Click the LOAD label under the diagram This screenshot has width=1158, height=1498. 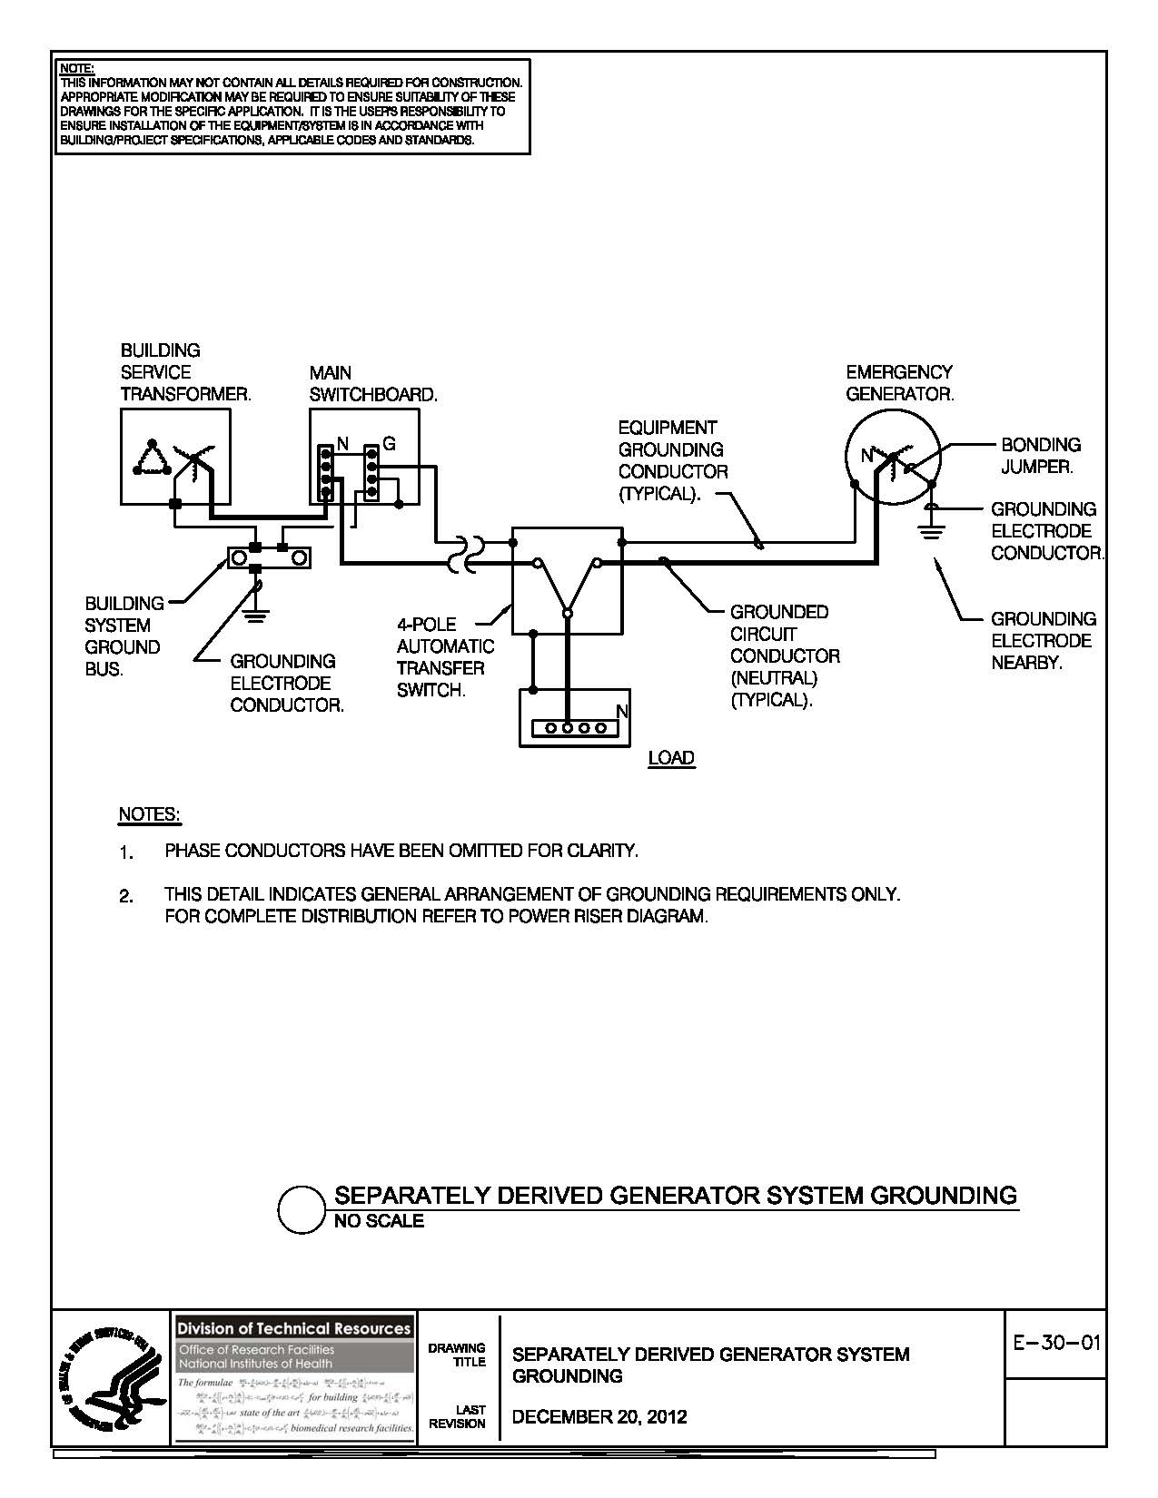point(671,758)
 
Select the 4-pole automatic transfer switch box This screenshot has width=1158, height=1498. point(567,580)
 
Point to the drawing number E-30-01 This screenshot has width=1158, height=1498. point(1055,1342)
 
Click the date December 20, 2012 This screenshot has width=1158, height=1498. point(599,1416)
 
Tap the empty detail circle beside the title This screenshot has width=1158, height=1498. point(300,1209)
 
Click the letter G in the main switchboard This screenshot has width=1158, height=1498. point(389,445)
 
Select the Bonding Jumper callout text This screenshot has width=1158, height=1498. point(1041,456)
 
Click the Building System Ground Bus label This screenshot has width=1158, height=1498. point(123,636)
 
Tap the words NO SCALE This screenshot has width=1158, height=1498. point(379,1221)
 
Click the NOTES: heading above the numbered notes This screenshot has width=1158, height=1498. point(150,814)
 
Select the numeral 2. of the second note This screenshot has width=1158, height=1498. point(126,897)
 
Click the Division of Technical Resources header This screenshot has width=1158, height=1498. point(293,1327)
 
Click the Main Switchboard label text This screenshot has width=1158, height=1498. point(372,384)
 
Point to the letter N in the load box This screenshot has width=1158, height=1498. point(622,712)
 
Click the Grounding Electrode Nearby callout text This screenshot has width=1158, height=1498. point(1043,641)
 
